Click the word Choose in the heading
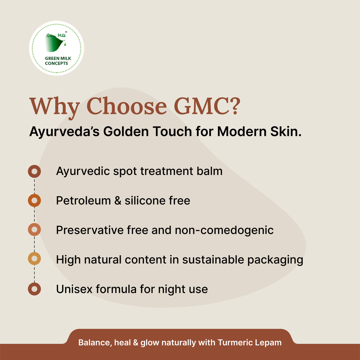126,106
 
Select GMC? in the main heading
207,106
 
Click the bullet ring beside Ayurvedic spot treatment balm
34,172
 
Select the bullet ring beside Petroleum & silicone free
34,200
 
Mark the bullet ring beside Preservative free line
34,230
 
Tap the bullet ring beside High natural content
34,259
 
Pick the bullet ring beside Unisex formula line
34,289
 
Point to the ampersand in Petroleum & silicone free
118,201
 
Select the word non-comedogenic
224,230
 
